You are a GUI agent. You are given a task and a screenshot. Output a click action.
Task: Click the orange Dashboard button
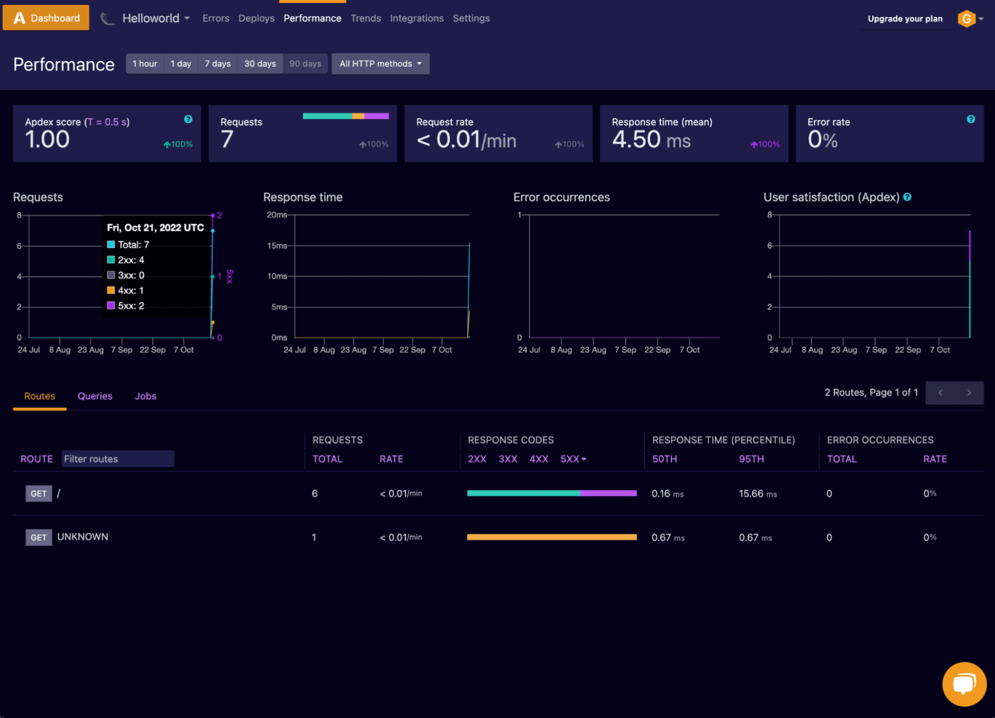pyautogui.click(x=46, y=18)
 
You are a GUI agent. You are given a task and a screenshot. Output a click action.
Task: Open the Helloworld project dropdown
pyautogui.click(x=156, y=18)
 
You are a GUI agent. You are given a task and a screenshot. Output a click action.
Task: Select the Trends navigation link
pyautogui.click(x=365, y=18)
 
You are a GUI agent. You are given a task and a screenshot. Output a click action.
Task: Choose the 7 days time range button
pyautogui.click(x=218, y=64)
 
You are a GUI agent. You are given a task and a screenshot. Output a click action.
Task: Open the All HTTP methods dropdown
pyautogui.click(x=380, y=64)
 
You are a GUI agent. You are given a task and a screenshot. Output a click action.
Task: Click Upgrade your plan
pyautogui.click(x=904, y=19)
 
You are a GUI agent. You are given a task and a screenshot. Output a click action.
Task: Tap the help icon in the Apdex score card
pyautogui.click(x=188, y=119)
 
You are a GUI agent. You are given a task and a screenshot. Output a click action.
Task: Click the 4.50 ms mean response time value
pyautogui.click(x=651, y=140)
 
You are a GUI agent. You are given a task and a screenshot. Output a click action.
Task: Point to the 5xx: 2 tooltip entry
pyautogui.click(x=130, y=306)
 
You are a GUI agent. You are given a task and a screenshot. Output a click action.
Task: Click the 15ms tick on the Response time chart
pyautogui.click(x=277, y=246)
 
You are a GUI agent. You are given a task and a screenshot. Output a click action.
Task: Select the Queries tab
pyautogui.click(x=95, y=396)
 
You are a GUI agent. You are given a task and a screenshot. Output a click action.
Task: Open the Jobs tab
pyautogui.click(x=145, y=396)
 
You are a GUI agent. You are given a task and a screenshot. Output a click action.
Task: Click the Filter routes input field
pyautogui.click(x=117, y=459)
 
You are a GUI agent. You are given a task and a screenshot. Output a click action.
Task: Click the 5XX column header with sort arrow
pyautogui.click(x=573, y=459)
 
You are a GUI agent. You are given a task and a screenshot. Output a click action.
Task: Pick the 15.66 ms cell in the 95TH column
pyautogui.click(x=757, y=494)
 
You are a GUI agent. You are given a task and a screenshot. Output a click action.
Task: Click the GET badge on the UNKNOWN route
pyautogui.click(x=38, y=537)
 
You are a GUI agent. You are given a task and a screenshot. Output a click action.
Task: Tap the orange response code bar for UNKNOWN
pyautogui.click(x=552, y=537)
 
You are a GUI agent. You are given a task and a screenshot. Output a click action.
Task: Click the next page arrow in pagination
pyautogui.click(x=969, y=393)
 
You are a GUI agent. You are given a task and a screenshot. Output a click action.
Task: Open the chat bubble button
pyautogui.click(x=964, y=684)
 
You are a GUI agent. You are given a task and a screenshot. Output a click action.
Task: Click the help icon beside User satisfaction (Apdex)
pyautogui.click(x=907, y=197)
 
